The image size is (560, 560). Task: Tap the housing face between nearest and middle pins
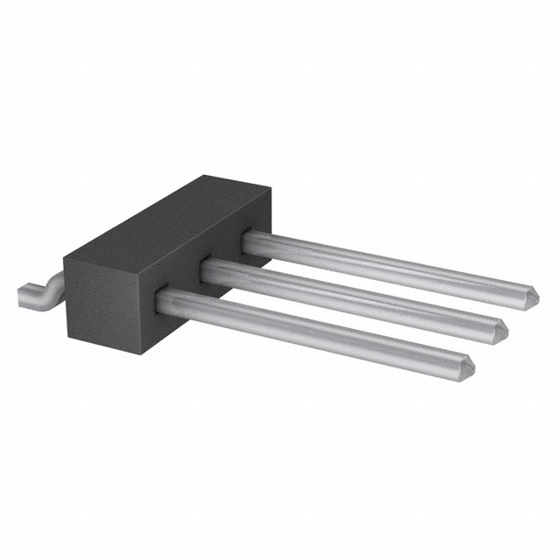[188, 289]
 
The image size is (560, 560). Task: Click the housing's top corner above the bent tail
[65, 254]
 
